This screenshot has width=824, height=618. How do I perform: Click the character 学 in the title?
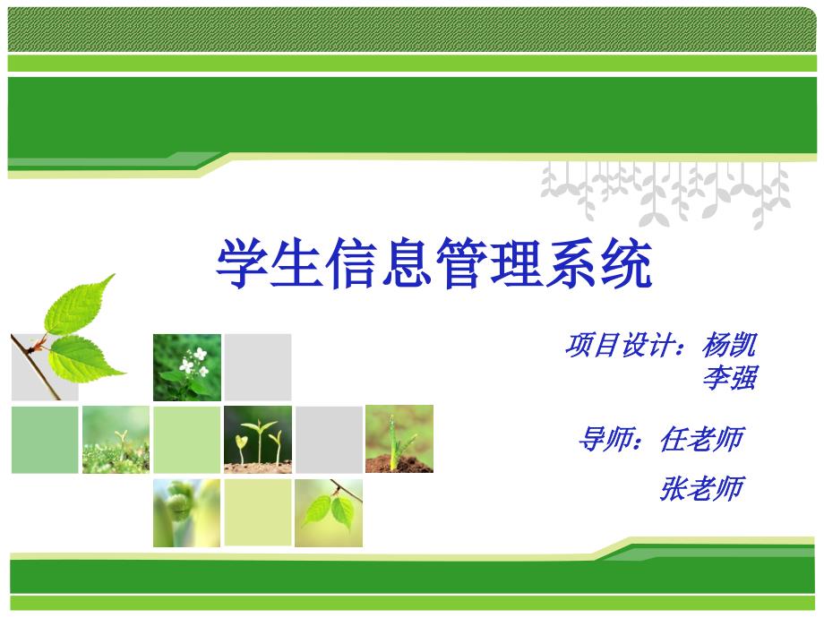(243, 262)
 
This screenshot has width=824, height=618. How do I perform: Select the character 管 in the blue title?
(461, 262)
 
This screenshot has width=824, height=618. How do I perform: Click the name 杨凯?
(729, 345)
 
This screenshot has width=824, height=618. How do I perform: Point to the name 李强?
(729, 378)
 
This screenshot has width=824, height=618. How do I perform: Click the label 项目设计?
(618, 345)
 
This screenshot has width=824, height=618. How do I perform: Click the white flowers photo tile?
(186, 367)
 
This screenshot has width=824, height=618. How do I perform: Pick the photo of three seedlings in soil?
(257, 439)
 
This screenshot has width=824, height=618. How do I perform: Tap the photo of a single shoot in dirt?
(399, 439)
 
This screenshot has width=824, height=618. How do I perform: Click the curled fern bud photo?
(186, 512)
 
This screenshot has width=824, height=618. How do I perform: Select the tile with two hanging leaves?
(329, 512)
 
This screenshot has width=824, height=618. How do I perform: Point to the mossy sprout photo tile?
(116, 439)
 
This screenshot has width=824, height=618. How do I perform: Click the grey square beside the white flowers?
(257, 367)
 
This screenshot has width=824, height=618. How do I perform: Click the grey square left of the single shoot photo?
(329, 439)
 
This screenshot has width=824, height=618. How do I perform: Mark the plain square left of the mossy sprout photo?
(45, 439)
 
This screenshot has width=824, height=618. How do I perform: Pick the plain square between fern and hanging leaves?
(257, 512)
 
